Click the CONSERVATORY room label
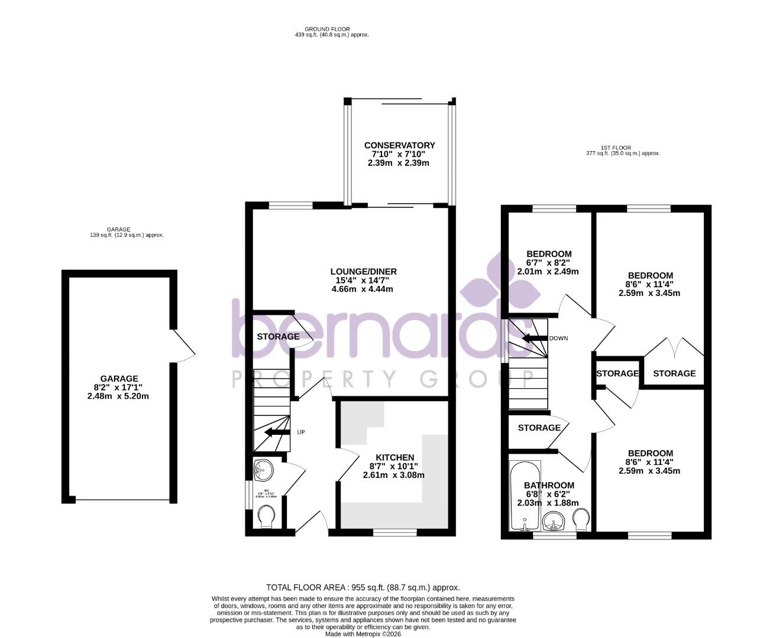(399, 145)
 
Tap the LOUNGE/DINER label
(363, 272)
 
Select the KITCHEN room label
(394, 458)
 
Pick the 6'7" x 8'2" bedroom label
(549, 255)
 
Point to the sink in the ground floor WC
(263, 471)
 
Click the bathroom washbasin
(554, 522)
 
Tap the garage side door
(183, 346)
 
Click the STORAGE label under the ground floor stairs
(278, 337)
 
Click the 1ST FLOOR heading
(616, 148)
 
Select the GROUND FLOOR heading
(327, 29)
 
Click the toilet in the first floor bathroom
(581, 520)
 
